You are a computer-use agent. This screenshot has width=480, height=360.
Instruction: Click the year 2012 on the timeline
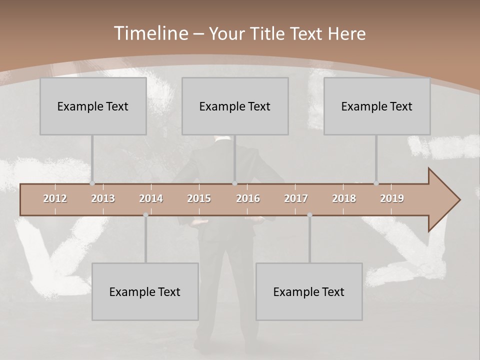tap(55, 198)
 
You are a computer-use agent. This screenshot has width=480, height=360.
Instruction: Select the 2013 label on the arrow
tap(103, 198)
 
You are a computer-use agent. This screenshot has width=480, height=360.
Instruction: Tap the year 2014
tap(151, 198)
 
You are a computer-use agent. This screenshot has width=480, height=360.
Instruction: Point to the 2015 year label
tap(199, 198)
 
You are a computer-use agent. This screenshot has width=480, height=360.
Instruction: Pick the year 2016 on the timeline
tap(248, 198)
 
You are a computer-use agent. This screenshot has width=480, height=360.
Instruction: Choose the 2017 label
tap(296, 198)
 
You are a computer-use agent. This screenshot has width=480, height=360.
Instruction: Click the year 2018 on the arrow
tap(344, 198)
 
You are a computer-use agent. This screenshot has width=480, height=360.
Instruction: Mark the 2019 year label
tap(392, 198)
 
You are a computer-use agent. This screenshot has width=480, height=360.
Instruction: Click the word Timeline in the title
tap(150, 33)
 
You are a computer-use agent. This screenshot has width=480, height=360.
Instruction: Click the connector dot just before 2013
tap(92, 183)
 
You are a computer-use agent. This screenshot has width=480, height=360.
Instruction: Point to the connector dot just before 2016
tap(235, 183)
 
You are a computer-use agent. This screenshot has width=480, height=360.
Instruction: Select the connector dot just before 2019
tap(376, 183)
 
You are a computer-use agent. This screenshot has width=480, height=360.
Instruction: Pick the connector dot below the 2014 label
tap(145, 215)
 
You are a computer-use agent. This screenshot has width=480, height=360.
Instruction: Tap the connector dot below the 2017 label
tap(309, 215)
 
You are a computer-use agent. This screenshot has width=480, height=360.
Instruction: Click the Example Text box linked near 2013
tap(93, 106)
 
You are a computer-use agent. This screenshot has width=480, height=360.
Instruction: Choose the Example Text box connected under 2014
tap(145, 291)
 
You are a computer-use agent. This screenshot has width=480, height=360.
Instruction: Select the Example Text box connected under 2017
tap(309, 291)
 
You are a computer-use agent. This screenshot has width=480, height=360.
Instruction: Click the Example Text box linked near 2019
tap(377, 106)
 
